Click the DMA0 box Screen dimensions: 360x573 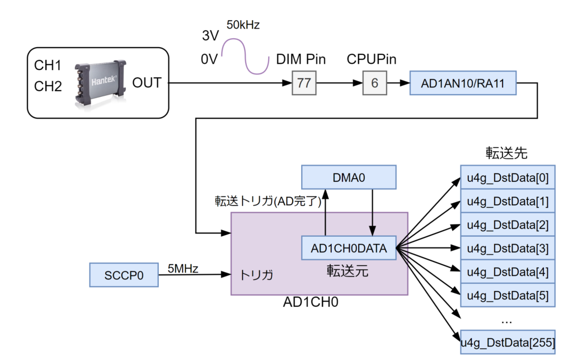click(x=349, y=177)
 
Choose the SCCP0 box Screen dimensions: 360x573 click(x=124, y=275)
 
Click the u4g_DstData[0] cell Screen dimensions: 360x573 click(x=508, y=178)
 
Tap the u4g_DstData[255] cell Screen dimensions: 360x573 click(x=508, y=342)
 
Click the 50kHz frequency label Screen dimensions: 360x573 click(x=243, y=25)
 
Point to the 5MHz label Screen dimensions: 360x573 click(x=182, y=268)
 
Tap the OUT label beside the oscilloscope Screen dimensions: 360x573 click(x=147, y=83)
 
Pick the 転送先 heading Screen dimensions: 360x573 click(x=506, y=153)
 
